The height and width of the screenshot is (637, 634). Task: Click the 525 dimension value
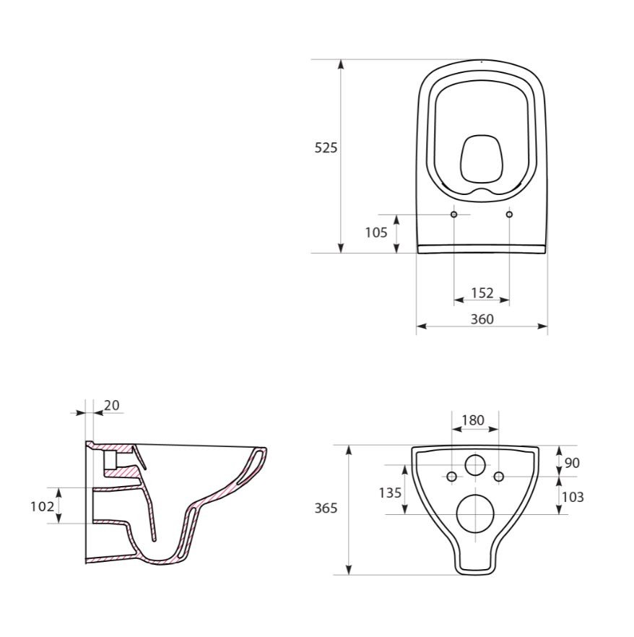tap(326, 148)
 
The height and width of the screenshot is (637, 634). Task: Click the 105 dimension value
tap(375, 233)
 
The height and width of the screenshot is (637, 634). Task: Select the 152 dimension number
tap(482, 292)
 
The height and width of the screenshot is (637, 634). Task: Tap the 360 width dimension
tap(482, 319)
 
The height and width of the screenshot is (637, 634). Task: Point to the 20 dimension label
tap(112, 405)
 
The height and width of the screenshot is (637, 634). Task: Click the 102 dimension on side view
tap(42, 506)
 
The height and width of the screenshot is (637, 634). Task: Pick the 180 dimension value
tap(473, 420)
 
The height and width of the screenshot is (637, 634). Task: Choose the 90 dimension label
tap(571, 463)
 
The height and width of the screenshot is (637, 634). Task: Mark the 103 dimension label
tap(572, 497)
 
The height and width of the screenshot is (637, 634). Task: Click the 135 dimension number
tap(391, 493)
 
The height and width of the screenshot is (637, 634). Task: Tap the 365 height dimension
tap(326, 508)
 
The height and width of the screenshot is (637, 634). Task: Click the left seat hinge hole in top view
tap(454, 214)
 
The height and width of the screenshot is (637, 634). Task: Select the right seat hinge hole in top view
tap(510, 214)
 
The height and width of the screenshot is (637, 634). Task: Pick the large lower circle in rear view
tap(475, 513)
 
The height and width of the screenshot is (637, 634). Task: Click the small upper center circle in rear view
tap(475, 464)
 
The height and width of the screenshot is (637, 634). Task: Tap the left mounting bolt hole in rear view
tap(452, 476)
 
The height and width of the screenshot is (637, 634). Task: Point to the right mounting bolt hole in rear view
tap(498, 476)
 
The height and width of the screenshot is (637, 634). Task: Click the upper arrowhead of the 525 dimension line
tap(341, 65)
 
